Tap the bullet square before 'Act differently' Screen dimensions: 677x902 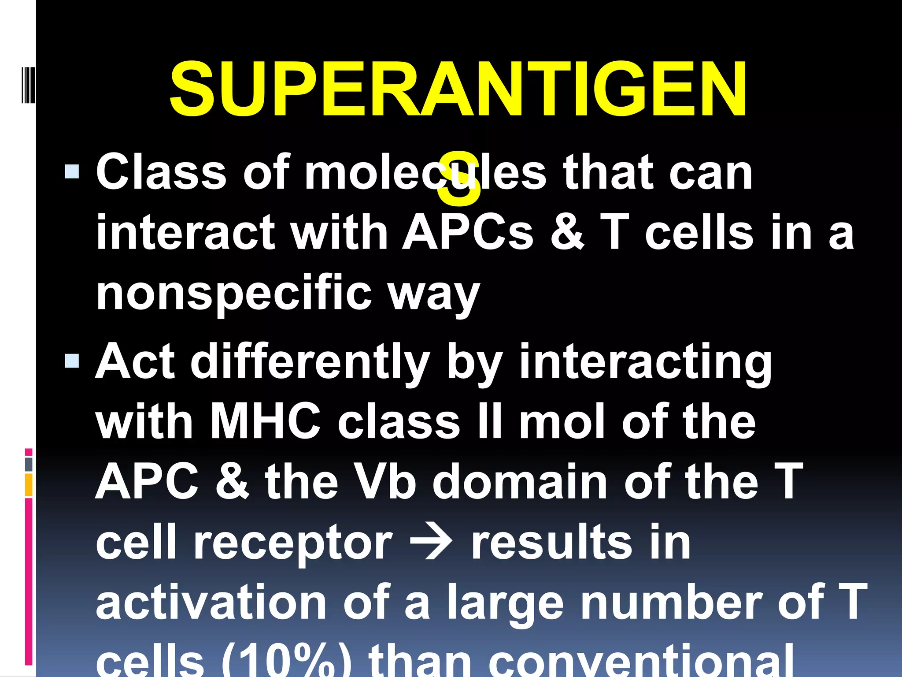pos(72,361)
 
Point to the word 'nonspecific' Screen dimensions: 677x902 pos(234,293)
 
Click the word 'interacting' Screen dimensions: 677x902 pos(646,362)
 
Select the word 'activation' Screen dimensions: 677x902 pos(211,602)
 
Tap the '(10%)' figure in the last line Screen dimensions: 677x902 pos(286,661)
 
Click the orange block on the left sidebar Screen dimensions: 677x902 pos(29,485)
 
